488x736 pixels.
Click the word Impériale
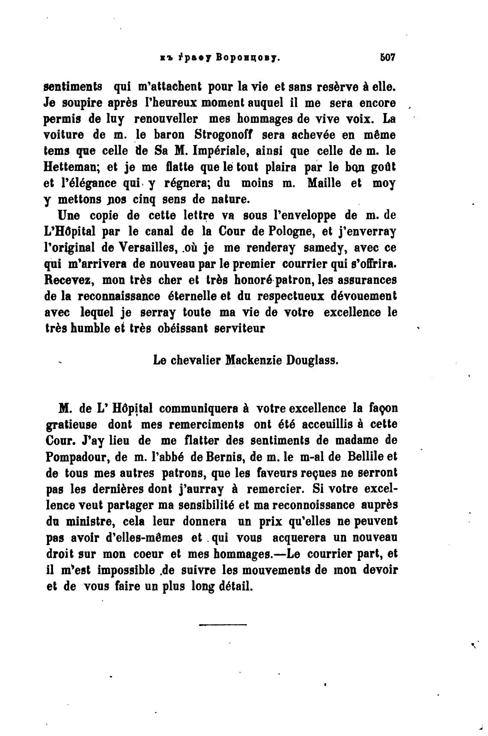click(226, 151)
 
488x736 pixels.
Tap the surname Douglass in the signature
click(313, 361)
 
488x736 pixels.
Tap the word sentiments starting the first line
click(73, 86)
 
